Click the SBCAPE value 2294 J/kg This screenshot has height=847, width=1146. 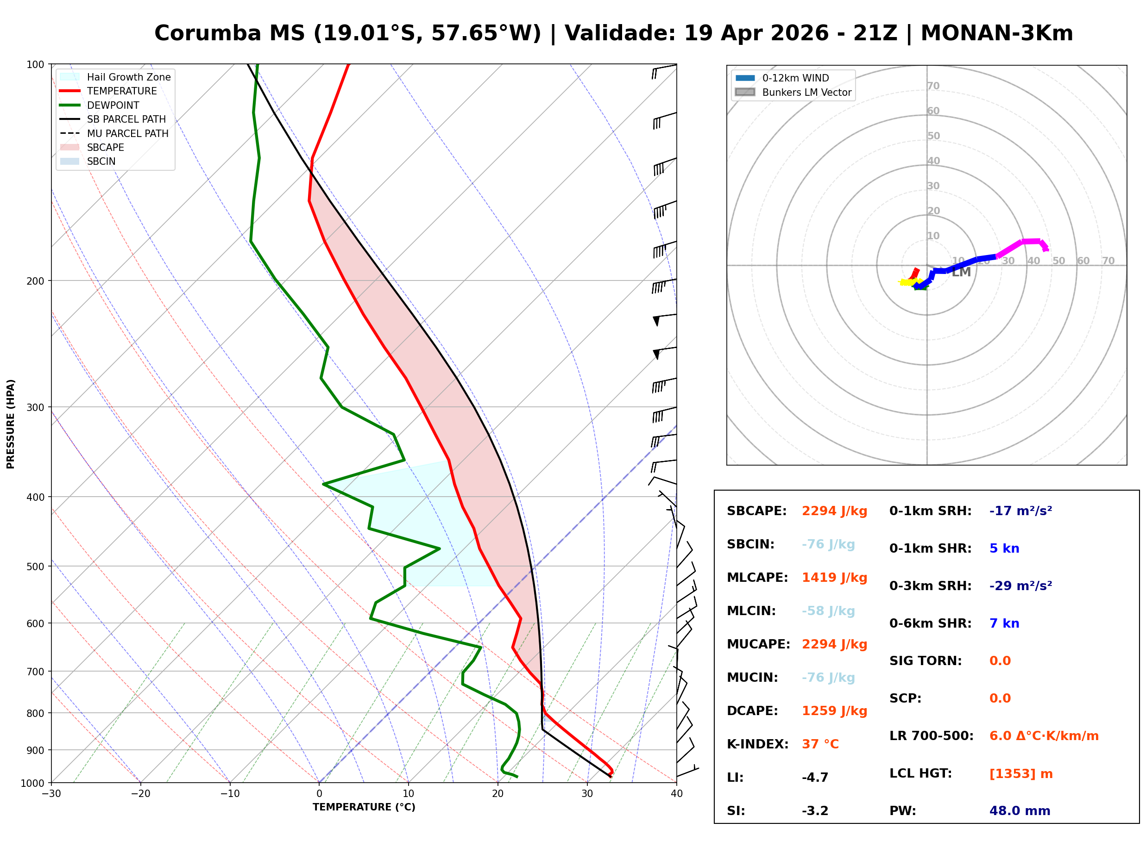click(x=834, y=511)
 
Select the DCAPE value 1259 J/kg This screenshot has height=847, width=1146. click(x=834, y=711)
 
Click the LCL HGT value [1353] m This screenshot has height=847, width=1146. click(x=1021, y=774)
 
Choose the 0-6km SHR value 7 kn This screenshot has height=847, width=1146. click(x=1004, y=623)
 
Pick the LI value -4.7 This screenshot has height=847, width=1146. click(x=815, y=778)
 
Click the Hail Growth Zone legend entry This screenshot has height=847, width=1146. click(x=128, y=77)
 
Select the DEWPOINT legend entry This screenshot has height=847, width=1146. click(x=113, y=105)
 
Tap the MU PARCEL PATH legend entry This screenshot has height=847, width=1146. click(x=127, y=133)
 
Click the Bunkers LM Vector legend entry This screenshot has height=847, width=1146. click(x=806, y=92)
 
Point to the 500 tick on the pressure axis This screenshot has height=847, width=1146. click(x=35, y=567)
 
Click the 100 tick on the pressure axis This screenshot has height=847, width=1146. click(x=35, y=64)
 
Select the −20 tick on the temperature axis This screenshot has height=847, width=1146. click(x=140, y=794)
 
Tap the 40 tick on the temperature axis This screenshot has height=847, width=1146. click(x=676, y=794)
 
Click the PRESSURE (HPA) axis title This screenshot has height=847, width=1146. click(x=11, y=424)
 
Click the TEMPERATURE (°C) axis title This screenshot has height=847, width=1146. click(x=364, y=808)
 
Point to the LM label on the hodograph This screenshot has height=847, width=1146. click(x=961, y=272)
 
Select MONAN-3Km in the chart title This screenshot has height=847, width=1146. click(x=996, y=33)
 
